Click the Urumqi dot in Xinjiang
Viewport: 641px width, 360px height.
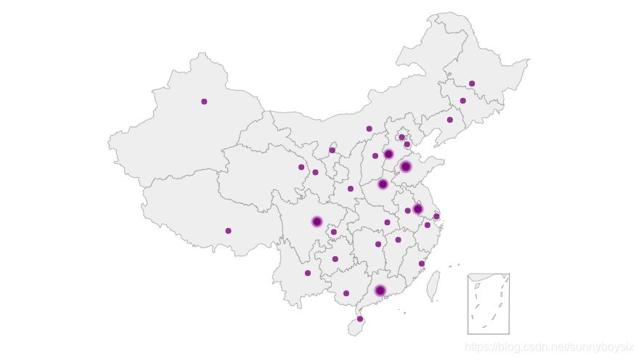tap(204, 102)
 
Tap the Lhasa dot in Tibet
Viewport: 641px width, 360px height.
tap(228, 231)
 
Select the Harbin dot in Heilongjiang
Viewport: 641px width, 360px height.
tap(472, 83)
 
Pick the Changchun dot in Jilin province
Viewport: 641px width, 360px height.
tap(462, 101)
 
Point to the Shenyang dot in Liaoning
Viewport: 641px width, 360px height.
tap(449, 120)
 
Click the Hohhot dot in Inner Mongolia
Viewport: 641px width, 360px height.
tap(369, 128)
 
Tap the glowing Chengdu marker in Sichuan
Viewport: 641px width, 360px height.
tap(317, 221)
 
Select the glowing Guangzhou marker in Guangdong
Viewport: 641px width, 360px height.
tap(380, 290)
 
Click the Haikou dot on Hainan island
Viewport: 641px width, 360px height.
tap(360, 319)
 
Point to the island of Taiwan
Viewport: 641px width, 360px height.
tap(433, 286)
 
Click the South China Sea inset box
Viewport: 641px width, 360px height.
tap(488, 303)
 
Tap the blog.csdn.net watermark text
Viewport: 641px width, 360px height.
tap(550, 347)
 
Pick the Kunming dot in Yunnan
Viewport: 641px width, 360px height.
tap(308, 273)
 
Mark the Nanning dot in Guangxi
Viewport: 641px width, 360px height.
tap(346, 293)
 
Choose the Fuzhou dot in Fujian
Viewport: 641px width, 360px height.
tap(421, 263)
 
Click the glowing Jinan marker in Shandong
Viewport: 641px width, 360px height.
tap(406, 166)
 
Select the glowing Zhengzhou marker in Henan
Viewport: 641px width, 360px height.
tap(383, 184)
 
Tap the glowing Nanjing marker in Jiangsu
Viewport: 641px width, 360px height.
tap(417, 209)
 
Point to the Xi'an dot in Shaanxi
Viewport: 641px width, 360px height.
tap(351, 189)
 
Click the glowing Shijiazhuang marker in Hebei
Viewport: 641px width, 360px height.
tap(388, 154)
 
